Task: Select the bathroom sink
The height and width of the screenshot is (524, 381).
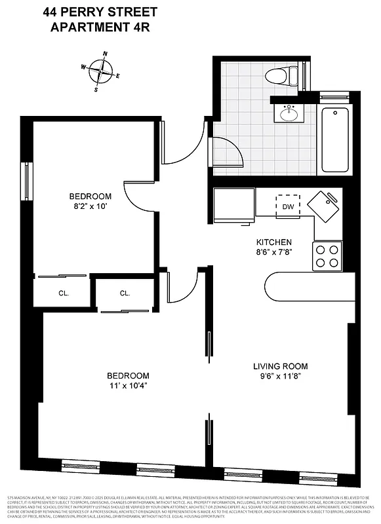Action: tap(289, 114)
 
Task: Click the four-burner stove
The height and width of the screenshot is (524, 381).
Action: tap(327, 256)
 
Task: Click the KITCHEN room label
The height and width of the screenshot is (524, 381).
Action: tap(273, 242)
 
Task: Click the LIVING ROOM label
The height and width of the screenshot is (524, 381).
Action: tap(281, 366)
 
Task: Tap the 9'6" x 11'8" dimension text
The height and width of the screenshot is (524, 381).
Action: tap(281, 377)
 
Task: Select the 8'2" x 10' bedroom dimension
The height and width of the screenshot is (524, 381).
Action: tap(90, 206)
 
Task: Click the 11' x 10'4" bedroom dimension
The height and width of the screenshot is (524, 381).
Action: tap(128, 386)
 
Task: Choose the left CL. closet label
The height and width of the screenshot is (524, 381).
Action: tap(64, 293)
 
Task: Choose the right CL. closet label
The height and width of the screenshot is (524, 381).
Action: tap(125, 293)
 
